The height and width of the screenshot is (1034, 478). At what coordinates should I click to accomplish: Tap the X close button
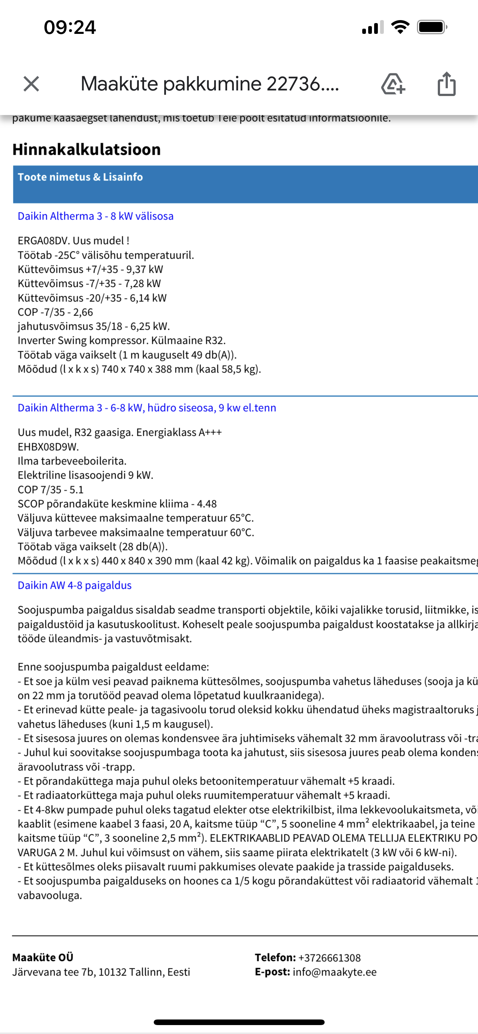pos(31,84)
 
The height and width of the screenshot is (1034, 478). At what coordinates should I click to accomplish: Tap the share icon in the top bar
pos(446,84)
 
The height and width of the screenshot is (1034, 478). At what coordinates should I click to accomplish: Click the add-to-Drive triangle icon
pos(392,84)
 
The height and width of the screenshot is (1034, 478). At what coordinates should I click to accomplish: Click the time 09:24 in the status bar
pos(70,28)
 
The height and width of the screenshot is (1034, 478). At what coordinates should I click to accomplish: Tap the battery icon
pos(431,27)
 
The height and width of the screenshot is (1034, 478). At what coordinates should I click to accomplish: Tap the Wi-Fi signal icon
pos(400,27)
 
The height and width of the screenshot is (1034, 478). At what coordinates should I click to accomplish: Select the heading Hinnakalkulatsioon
pos(87,149)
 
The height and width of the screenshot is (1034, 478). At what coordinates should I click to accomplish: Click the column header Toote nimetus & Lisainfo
pos(80,177)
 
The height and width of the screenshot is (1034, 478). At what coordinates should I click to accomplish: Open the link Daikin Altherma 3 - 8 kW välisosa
pos(96,216)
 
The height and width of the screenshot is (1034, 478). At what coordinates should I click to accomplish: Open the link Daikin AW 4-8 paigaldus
pos(75,585)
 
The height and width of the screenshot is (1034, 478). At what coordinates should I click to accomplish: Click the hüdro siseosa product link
pos(147,408)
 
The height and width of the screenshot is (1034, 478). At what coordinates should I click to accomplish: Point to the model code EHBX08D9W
pos(48,447)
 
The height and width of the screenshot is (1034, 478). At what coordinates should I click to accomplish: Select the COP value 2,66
pos(83,312)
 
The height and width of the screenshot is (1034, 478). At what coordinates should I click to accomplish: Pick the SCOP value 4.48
pos(207,504)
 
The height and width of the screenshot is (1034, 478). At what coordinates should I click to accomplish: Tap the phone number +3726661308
pos(329,958)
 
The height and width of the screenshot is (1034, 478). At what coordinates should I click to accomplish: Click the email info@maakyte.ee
pos(334,972)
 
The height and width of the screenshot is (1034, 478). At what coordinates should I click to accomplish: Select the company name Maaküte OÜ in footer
pos(43,957)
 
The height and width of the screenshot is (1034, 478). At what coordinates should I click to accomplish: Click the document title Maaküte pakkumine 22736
pos(210,84)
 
